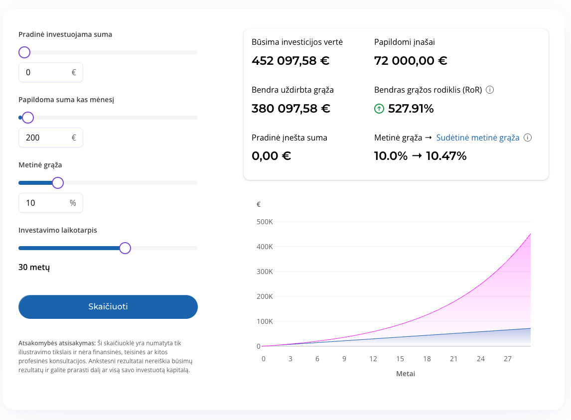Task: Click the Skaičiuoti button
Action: (x=108, y=307)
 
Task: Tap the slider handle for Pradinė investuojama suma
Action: (x=24, y=52)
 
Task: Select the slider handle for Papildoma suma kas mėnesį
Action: (x=28, y=118)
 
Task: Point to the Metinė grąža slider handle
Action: (x=58, y=183)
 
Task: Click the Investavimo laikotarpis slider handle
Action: (x=125, y=248)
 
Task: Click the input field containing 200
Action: (x=51, y=138)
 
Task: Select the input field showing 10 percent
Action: (x=51, y=203)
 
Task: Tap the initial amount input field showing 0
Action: (x=51, y=72)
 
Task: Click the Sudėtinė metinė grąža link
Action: (x=478, y=138)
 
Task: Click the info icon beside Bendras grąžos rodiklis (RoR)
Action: (x=490, y=90)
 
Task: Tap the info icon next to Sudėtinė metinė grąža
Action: (x=528, y=138)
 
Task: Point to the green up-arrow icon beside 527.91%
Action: (x=379, y=109)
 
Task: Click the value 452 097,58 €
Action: (x=290, y=60)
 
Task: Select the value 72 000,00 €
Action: (x=411, y=60)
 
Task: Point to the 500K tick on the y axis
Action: (x=265, y=222)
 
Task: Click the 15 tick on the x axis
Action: (x=400, y=359)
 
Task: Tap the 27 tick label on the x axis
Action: (x=508, y=359)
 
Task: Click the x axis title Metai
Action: (x=406, y=374)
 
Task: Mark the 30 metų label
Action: (x=34, y=268)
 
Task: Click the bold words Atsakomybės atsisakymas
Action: (x=57, y=343)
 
